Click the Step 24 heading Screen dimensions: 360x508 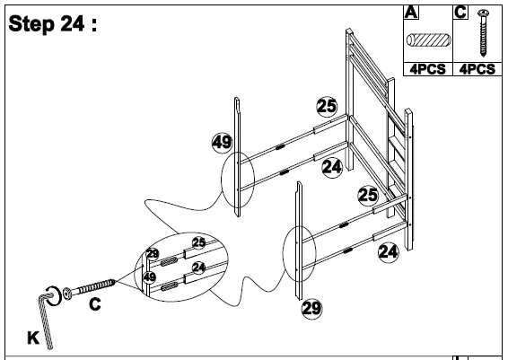coord(52,23)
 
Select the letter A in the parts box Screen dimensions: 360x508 coord(412,12)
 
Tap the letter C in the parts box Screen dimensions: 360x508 coord(460,12)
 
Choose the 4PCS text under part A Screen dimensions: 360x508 coord(428,68)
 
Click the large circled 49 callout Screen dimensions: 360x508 coord(222,141)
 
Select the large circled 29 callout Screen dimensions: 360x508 coord(311,308)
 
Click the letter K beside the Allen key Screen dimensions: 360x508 coord(33,338)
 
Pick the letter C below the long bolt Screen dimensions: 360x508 coord(94,305)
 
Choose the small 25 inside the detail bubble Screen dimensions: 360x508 coord(198,243)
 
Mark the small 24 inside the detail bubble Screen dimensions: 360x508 coord(198,266)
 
